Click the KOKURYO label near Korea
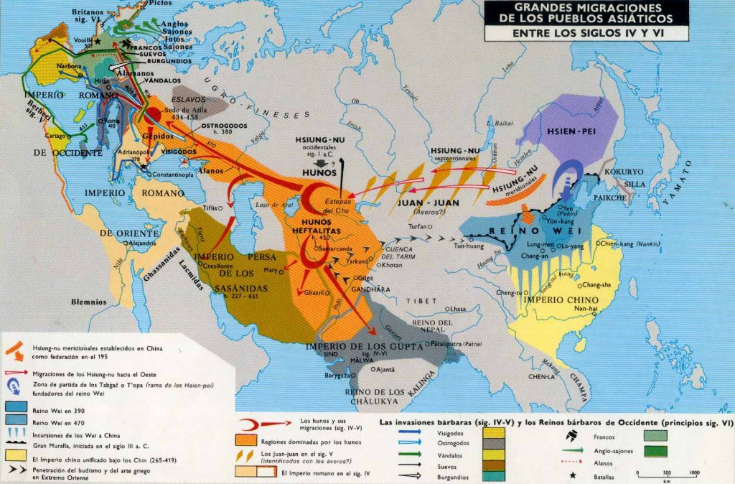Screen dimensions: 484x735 pos(625,172)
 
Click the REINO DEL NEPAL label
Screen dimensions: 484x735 pos(432,326)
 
